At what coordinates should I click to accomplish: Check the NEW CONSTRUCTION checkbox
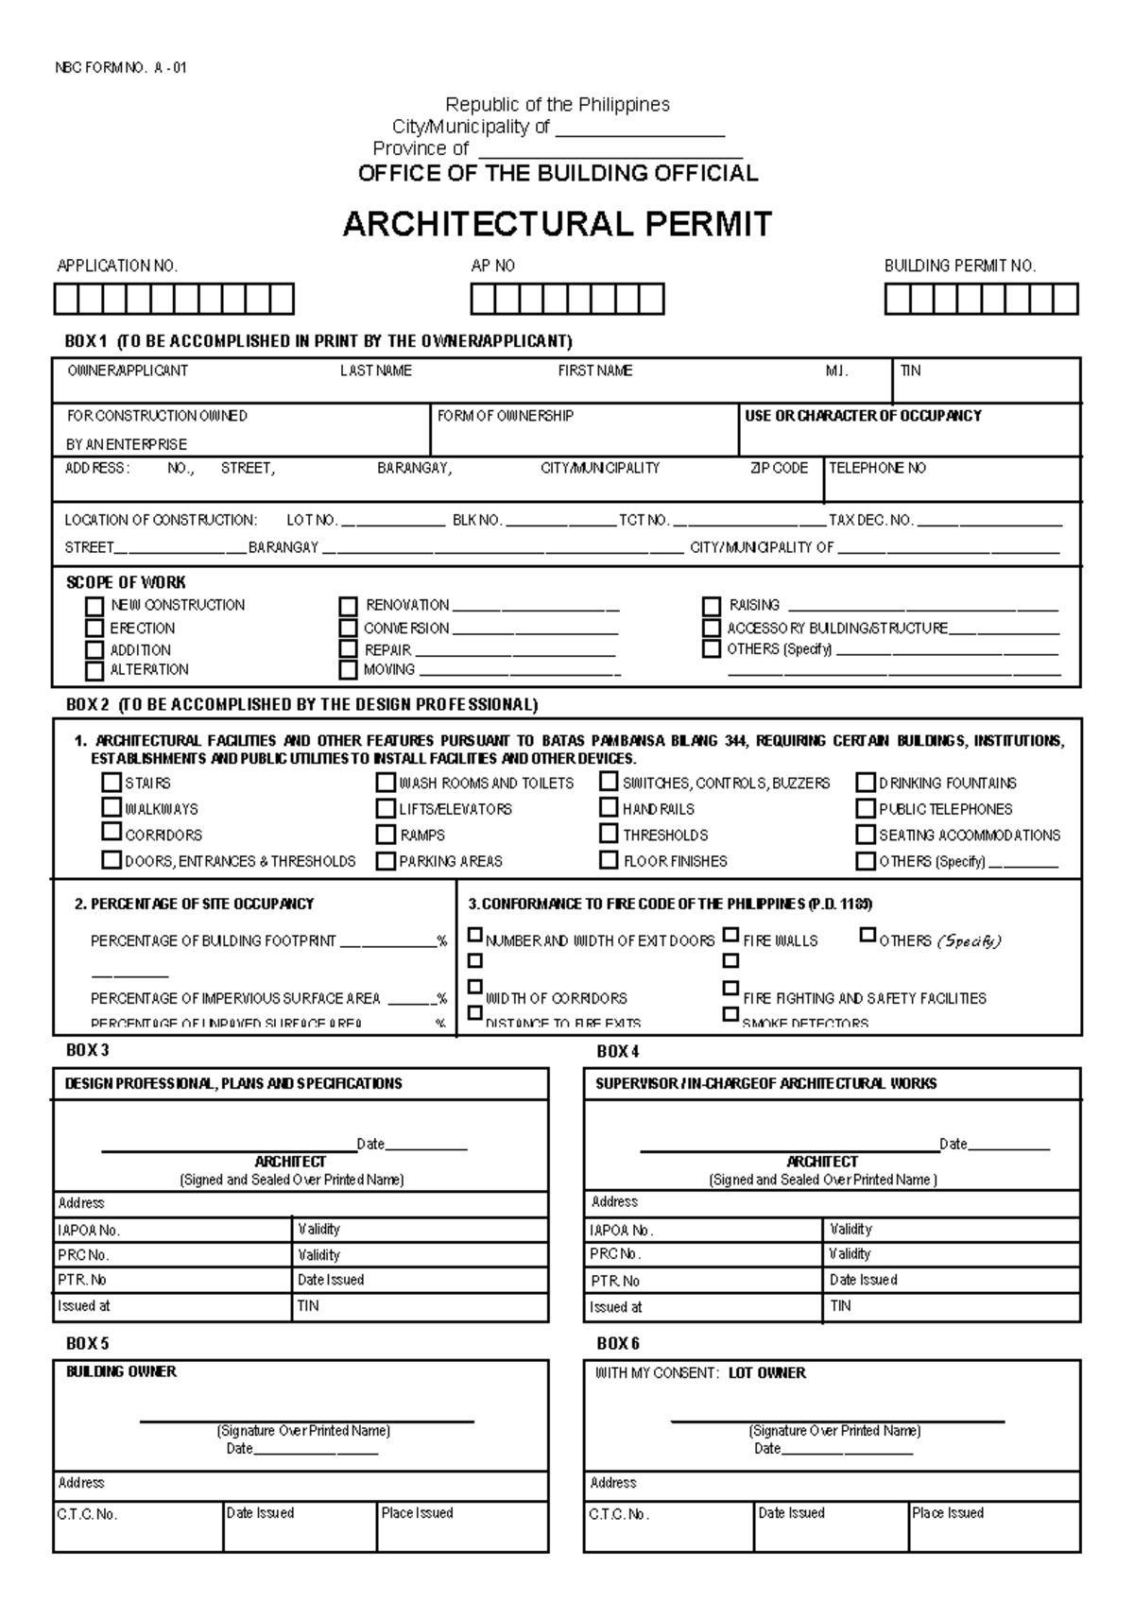[x=94, y=606]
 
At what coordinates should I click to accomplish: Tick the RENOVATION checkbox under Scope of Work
[x=349, y=606]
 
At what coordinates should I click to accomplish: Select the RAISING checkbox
[x=711, y=606]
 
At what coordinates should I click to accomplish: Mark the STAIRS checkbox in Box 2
[x=112, y=783]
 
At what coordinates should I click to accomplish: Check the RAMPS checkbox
[x=385, y=835]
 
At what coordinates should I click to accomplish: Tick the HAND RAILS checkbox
[x=609, y=808]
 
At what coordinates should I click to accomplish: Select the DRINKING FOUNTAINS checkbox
[x=865, y=783]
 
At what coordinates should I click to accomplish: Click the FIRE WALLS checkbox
[x=730, y=936]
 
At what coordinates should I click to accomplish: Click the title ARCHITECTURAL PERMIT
[x=557, y=225]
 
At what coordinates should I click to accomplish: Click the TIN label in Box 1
[x=910, y=371]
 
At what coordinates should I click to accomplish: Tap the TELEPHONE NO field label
[x=877, y=468]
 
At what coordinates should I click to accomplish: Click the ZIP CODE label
[x=779, y=468]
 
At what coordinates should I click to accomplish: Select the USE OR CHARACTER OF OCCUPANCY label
[x=863, y=416]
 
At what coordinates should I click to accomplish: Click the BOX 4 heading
[x=618, y=1051]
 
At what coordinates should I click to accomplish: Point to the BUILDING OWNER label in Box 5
[x=121, y=1371]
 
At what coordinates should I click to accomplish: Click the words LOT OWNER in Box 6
[x=766, y=1373]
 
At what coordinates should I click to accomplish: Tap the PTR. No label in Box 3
[x=82, y=1280]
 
